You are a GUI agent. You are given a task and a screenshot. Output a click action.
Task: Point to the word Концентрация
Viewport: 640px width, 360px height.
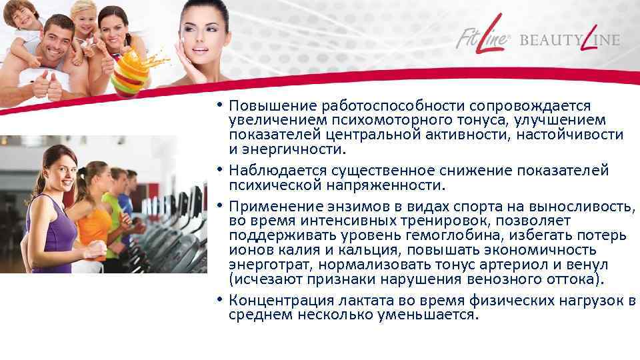tap(279, 300)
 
